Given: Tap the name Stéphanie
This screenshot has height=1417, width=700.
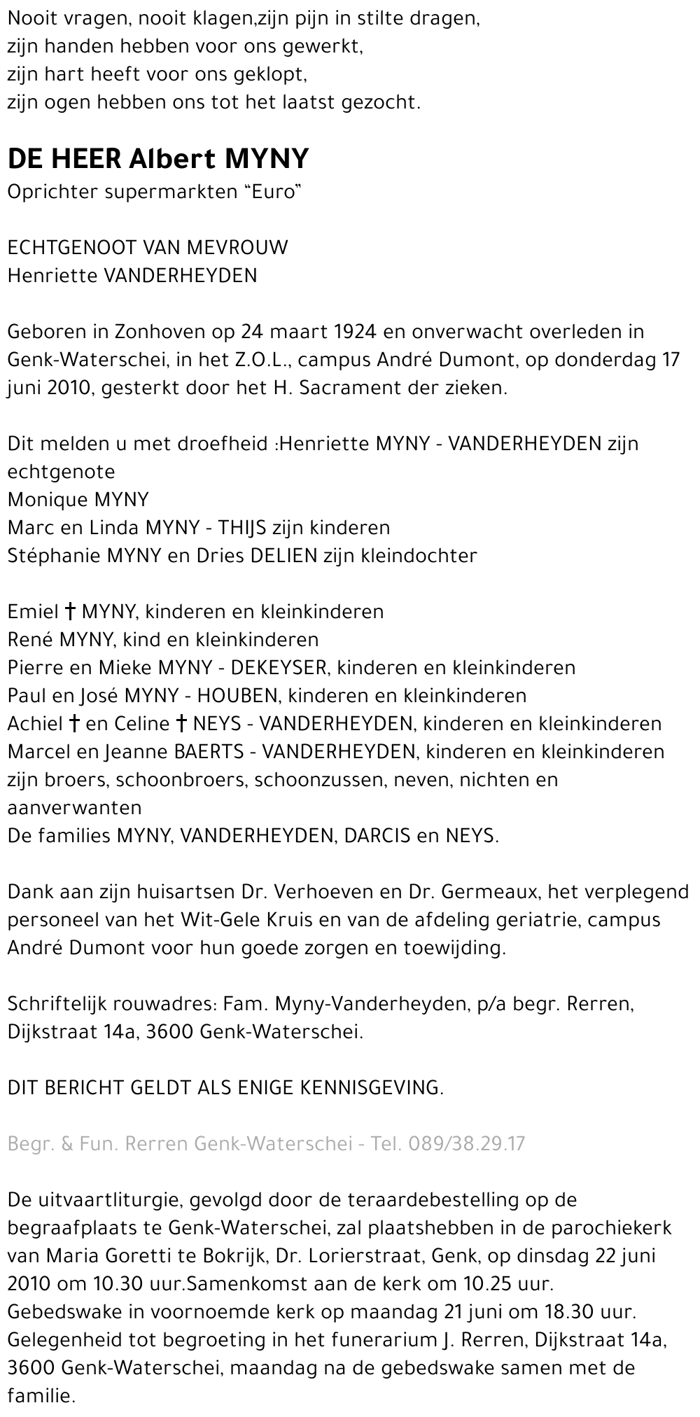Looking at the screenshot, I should pyautogui.click(x=53, y=555).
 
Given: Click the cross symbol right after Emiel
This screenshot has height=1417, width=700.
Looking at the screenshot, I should pyautogui.click(x=71, y=611).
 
